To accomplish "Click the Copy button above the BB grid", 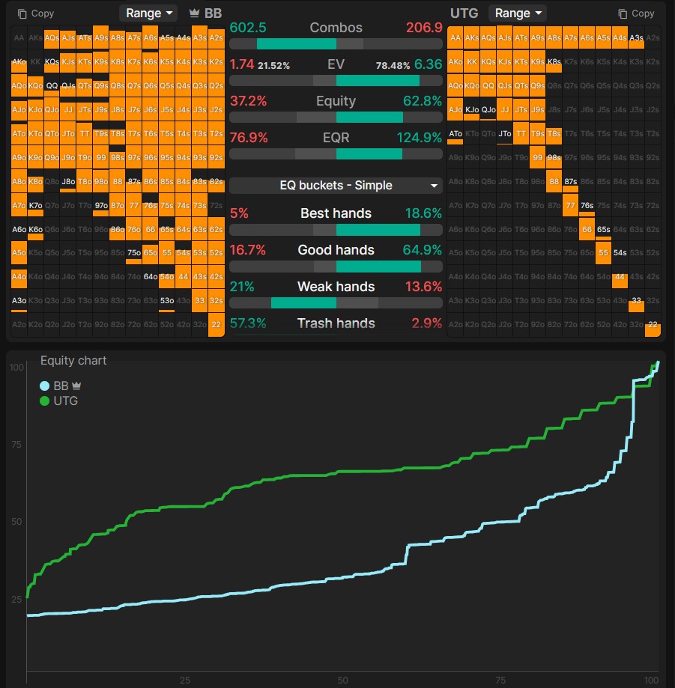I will tap(36, 13).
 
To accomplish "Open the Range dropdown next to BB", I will tap(148, 13).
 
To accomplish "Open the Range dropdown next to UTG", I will tap(517, 13).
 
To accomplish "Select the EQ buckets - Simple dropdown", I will tap(336, 186).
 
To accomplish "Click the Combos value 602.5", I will tap(248, 28).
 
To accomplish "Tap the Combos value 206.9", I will tap(424, 28).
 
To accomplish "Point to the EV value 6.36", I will tap(428, 65).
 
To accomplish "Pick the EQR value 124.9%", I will tap(419, 138).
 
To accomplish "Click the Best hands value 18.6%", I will tap(423, 213).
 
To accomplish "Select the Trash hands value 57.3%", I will tap(248, 323).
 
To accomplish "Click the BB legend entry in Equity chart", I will tap(60, 386).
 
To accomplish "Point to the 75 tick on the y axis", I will tap(16, 445).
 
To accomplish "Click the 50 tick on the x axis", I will tap(342, 680).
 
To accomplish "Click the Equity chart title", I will tap(73, 361).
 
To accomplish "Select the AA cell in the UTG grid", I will tap(455, 37).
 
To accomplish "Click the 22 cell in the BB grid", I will tap(216, 325).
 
